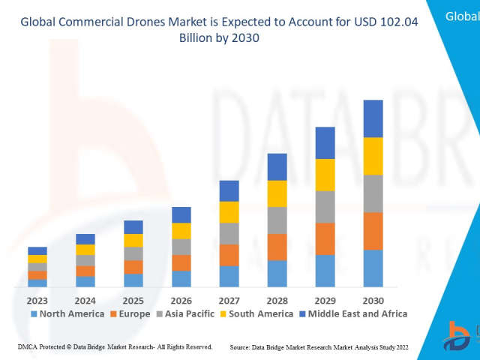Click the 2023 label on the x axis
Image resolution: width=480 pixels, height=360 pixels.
coord(37,300)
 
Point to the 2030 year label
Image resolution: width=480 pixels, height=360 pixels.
coord(373,300)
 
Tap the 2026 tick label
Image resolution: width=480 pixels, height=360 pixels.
coord(181,300)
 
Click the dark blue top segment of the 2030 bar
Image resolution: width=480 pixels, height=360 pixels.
coord(373,118)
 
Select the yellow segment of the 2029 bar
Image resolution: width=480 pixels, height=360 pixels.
coord(325,175)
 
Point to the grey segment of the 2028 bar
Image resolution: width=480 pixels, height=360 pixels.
coord(277,220)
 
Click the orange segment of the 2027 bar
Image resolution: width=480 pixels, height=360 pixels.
coord(229,255)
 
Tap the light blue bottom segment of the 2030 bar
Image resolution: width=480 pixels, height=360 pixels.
coord(373,268)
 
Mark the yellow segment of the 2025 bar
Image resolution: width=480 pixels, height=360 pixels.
coord(133,240)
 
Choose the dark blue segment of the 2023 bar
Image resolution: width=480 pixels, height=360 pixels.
coord(37,250)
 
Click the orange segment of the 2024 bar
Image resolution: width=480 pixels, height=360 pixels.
coord(85,271)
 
